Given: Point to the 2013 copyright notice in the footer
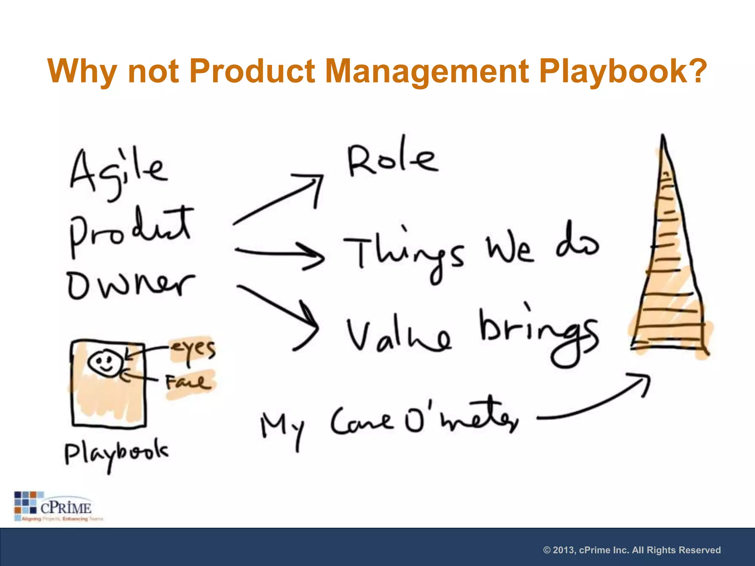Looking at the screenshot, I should point(632,550).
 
